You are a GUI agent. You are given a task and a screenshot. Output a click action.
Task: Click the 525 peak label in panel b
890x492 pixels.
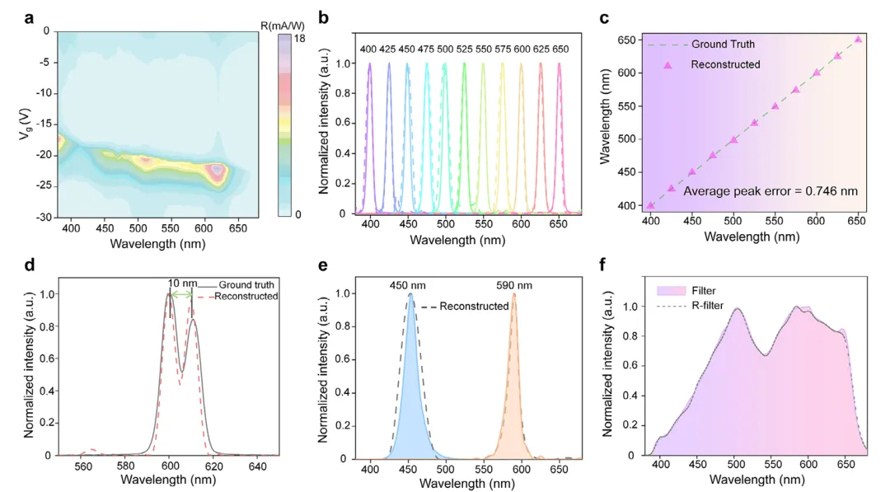(465, 49)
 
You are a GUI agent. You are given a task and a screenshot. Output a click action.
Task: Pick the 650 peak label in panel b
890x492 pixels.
(560, 49)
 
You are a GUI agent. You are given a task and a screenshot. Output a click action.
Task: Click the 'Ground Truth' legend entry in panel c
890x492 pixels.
(722, 44)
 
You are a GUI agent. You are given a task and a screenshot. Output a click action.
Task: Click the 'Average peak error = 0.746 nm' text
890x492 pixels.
(771, 191)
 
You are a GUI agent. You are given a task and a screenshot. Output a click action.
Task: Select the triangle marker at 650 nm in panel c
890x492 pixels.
(858, 39)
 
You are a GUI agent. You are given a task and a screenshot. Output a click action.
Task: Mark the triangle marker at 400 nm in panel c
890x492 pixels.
(651, 205)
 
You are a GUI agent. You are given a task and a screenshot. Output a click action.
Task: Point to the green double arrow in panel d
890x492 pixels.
(180, 294)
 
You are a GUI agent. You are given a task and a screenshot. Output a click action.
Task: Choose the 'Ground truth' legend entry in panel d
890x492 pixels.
(247, 285)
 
